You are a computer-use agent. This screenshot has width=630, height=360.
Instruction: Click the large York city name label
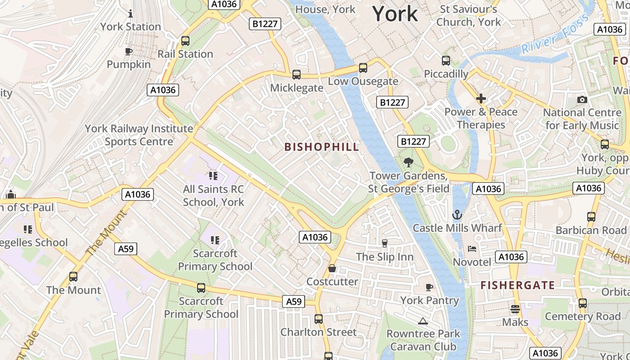(x=395, y=14)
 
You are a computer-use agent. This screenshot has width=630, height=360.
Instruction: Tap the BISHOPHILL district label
(x=322, y=147)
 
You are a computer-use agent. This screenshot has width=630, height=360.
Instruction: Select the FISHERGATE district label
(x=517, y=285)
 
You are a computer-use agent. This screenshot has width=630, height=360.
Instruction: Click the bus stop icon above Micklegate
(x=296, y=75)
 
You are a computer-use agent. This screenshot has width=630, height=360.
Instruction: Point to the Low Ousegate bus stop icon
(x=363, y=68)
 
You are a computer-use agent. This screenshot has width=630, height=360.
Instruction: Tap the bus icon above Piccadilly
(x=446, y=60)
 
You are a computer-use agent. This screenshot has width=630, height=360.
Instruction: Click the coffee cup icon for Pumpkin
(x=129, y=51)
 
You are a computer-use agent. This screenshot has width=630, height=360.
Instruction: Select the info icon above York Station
(x=130, y=13)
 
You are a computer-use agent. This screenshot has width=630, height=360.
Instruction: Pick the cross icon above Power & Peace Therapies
(x=481, y=98)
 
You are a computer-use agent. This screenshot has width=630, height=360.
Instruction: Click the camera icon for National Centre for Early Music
(x=582, y=99)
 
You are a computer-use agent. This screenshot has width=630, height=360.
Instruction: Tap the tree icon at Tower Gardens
(x=409, y=162)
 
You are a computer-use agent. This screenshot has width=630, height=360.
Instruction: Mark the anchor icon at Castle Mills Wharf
(x=457, y=215)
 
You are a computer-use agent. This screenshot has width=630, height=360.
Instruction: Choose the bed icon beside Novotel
(x=472, y=248)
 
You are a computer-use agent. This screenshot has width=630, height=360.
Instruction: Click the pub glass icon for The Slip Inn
(x=384, y=243)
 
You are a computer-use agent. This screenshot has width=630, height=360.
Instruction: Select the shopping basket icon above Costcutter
(x=332, y=269)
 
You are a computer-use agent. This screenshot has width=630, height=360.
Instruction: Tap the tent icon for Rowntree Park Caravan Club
(x=423, y=321)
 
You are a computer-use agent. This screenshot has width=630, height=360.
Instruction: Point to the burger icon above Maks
(x=515, y=309)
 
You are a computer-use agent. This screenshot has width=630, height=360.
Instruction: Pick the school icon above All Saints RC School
(x=213, y=176)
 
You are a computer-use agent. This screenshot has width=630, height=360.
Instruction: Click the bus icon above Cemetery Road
(x=583, y=303)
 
